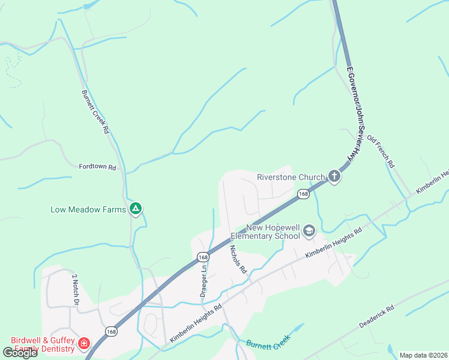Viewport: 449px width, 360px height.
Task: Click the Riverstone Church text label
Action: (x=291, y=177)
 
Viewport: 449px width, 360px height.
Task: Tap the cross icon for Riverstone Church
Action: (x=334, y=177)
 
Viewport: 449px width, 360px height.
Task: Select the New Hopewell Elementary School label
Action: (x=273, y=232)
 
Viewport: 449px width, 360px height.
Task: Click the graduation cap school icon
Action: (x=309, y=231)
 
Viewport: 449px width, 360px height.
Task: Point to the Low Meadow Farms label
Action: (x=88, y=209)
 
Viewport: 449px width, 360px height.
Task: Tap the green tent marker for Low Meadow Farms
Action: (x=136, y=209)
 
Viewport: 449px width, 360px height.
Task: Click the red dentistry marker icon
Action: (x=85, y=344)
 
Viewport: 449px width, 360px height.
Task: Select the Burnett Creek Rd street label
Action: (x=96, y=112)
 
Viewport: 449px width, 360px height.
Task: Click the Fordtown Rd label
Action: (x=97, y=167)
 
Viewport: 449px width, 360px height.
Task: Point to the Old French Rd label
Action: (x=381, y=151)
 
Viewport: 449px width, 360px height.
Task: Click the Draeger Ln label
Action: (x=203, y=281)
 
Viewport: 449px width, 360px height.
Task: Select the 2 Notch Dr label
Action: (x=76, y=290)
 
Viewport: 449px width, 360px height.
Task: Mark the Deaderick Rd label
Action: (x=376, y=317)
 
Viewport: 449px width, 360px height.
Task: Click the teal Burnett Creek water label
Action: (x=268, y=344)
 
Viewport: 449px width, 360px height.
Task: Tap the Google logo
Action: (x=20, y=353)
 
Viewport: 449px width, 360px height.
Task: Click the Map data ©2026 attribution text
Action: (x=423, y=355)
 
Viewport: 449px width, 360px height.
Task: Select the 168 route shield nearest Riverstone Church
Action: (x=303, y=194)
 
